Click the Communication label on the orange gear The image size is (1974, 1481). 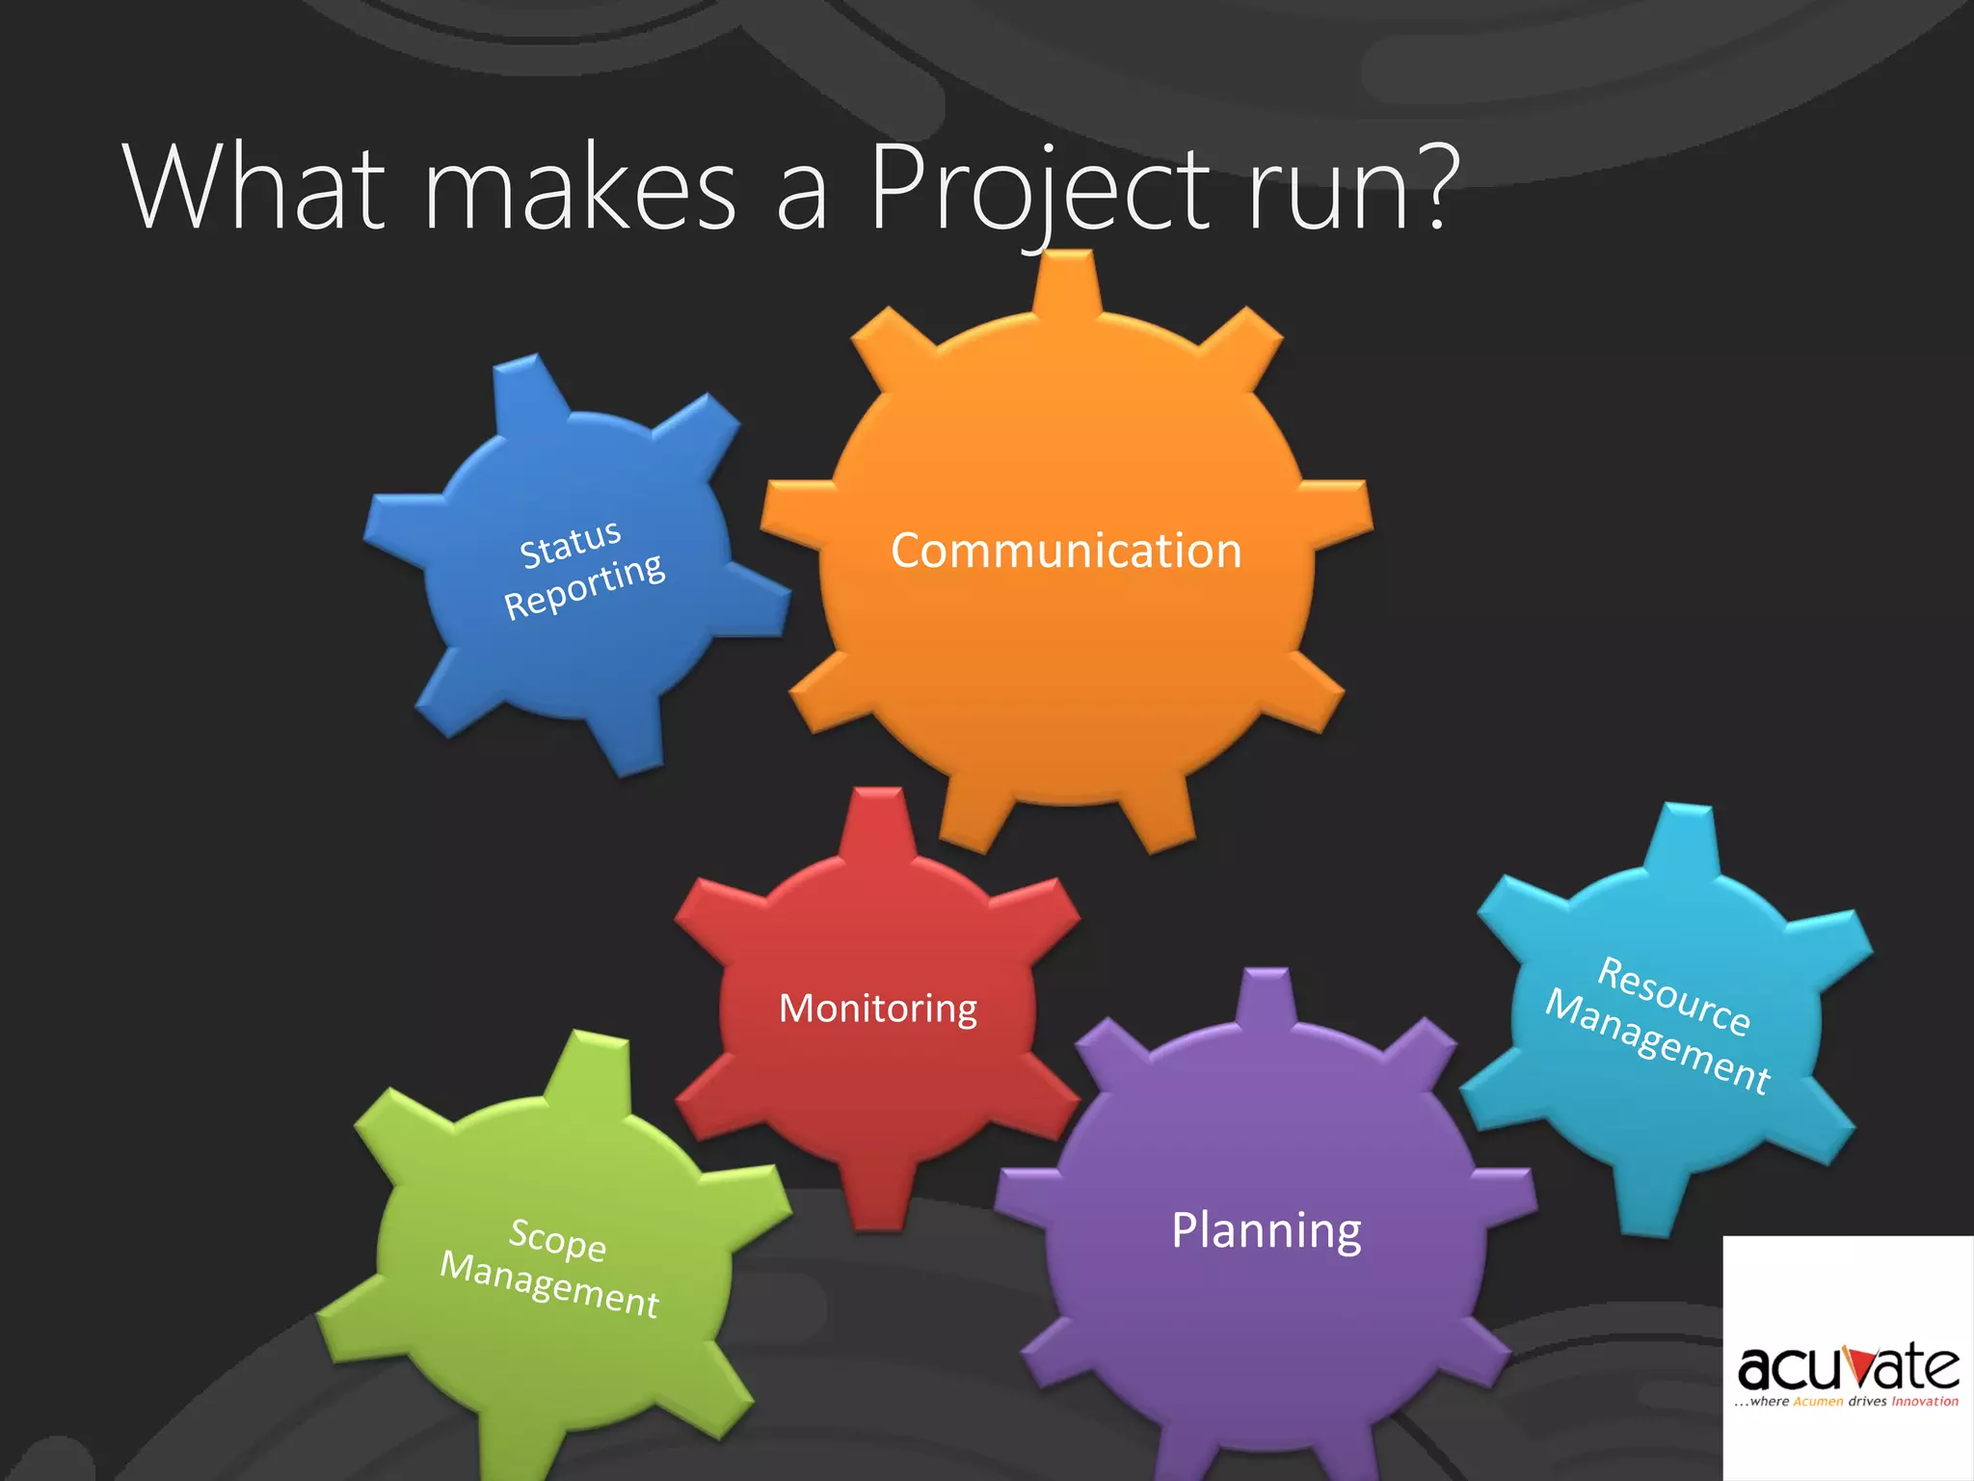pyautogui.click(x=1066, y=551)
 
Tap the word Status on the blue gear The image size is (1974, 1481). pyautogui.click(x=571, y=545)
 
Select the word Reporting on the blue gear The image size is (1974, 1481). pyautogui.click(x=584, y=586)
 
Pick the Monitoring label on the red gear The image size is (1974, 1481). pyautogui.click(x=878, y=1009)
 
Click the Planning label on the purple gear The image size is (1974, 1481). pyautogui.click(x=1267, y=1230)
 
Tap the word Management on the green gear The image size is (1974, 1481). pyautogui.click(x=549, y=1284)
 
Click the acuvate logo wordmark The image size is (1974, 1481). pyautogui.click(x=1848, y=1366)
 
